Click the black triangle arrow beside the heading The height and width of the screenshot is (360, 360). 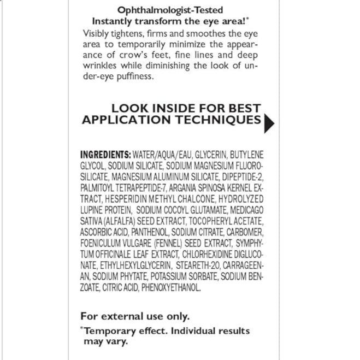pyautogui.click(x=268, y=123)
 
